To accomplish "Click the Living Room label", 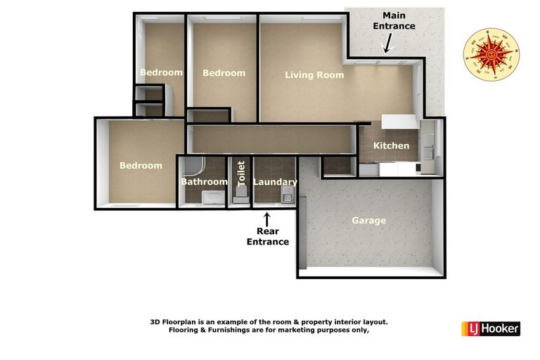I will (314, 75).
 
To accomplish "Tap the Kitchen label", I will (391, 146).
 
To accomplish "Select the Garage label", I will (368, 221).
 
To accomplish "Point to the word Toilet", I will (241, 173).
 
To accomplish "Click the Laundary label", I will (275, 183).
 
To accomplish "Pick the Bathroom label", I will (204, 182).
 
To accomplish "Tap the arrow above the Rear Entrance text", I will (266, 219).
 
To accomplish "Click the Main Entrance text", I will (394, 20).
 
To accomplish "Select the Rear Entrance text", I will (267, 236).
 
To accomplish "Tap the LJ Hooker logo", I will (490, 328).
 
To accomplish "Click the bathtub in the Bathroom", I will (208, 197).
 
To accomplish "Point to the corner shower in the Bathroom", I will (193, 166).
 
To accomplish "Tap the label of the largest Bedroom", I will (140, 166).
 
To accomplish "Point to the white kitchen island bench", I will (400, 122).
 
